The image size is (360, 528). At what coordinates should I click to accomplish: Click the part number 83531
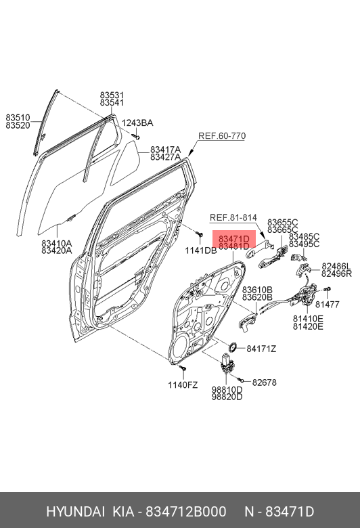point(112,95)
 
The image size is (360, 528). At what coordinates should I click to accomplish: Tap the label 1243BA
point(137,123)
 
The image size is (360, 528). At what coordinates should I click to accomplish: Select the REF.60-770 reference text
point(222,135)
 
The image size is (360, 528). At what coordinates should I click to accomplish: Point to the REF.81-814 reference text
point(233,217)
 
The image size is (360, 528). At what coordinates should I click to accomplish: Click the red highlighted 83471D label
point(234,239)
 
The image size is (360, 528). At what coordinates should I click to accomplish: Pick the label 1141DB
point(201,250)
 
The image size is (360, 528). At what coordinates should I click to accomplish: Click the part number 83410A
point(57,243)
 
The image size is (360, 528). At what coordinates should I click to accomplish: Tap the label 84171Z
point(261,349)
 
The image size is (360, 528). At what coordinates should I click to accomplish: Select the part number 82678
point(265,382)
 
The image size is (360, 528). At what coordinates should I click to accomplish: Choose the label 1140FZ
point(183,385)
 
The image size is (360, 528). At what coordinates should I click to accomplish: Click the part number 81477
point(328,305)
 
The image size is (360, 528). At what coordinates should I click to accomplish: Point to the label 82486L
point(336,266)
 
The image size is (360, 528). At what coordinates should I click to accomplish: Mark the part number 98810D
point(227,390)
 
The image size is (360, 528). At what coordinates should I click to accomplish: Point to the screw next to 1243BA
point(136,136)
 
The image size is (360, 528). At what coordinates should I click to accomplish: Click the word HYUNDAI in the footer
point(76,512)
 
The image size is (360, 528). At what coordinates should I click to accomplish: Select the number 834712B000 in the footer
point(185,512)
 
